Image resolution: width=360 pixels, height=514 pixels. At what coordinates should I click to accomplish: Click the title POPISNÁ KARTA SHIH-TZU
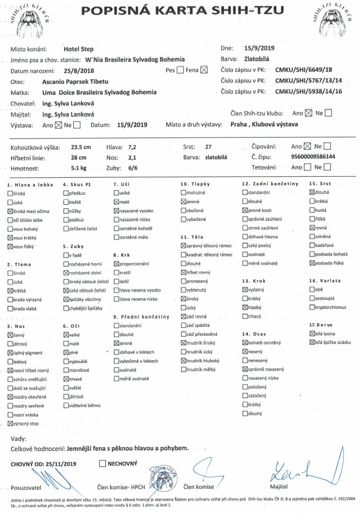[x=180, y=11]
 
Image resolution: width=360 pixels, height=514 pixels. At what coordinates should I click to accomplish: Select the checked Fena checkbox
[x=203, y=71]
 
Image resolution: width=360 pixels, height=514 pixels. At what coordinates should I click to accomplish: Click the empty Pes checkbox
[x=180, y=71]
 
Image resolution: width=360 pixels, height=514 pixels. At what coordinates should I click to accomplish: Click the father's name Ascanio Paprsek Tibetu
[x=75, y=82]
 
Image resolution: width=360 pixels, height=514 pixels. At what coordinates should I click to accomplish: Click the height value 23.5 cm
[x=81, y=148]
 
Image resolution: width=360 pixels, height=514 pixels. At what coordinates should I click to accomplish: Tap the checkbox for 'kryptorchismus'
[x=312, y=307]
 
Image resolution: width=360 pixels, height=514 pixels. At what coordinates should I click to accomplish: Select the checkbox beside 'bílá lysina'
[x=312, y=334]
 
